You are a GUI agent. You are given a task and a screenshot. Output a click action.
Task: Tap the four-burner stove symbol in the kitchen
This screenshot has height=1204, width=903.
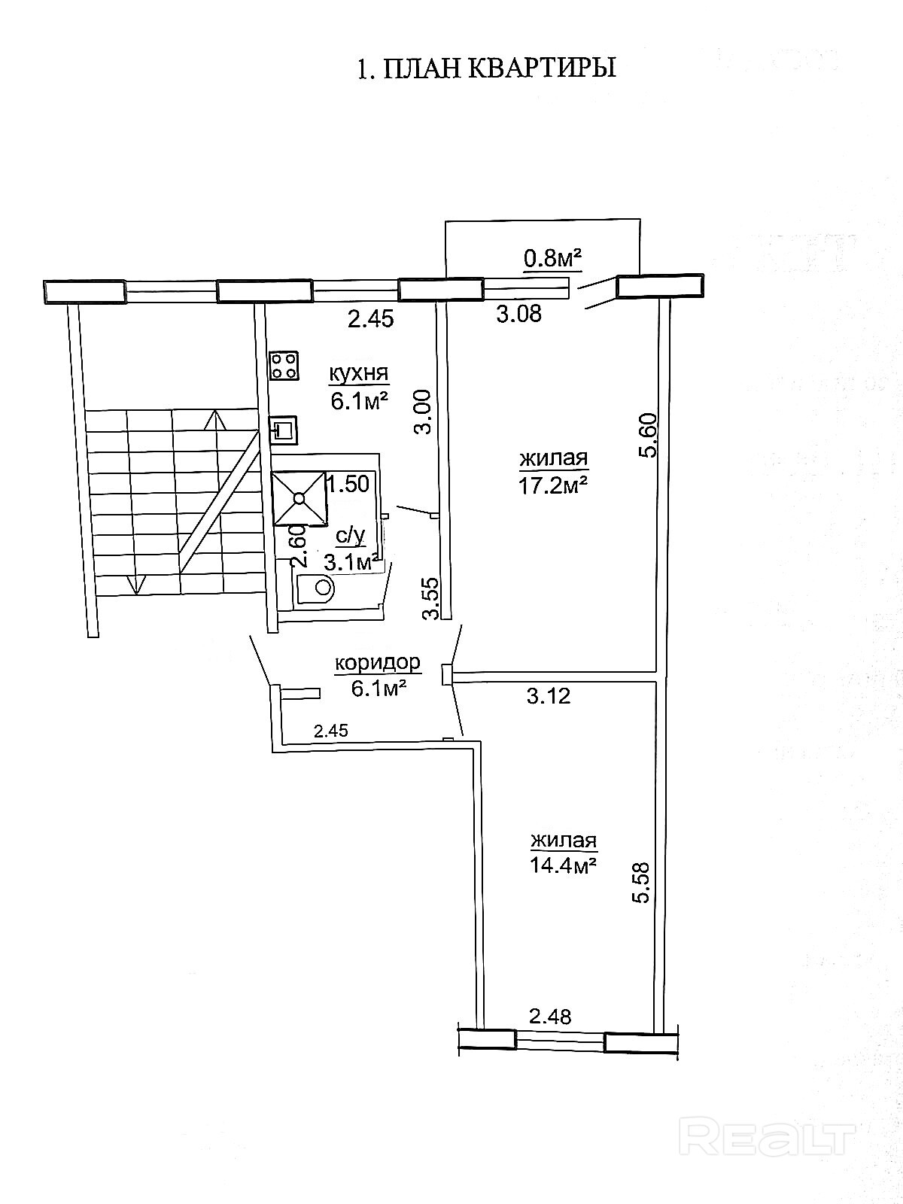[284, 366]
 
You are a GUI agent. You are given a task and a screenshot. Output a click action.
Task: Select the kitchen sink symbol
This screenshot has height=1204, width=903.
[284, 430]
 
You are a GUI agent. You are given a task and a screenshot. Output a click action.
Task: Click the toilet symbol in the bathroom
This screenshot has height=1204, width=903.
[315, 588]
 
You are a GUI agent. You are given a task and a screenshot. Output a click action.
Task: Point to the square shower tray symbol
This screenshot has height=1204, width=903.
[299, 498]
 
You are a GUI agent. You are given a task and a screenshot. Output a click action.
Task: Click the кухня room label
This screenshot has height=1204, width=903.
[359, 373]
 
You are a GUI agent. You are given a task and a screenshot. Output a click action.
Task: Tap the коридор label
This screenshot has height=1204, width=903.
[377, 663]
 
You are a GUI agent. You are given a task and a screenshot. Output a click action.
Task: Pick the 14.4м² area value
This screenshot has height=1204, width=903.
[563, 865]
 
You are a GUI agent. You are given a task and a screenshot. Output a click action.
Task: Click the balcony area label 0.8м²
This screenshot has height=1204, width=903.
[552, 257]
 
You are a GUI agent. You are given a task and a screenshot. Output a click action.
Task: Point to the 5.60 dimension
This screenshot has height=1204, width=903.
[648, 435]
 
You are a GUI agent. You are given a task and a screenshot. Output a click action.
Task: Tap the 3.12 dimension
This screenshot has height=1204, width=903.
[549, 696]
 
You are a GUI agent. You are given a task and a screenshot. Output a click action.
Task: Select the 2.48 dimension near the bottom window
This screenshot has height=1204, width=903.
[550, 1017]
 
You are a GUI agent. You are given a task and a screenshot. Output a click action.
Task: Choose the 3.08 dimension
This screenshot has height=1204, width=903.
[518, 314]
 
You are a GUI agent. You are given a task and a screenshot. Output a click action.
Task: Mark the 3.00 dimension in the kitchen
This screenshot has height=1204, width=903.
[423, 412]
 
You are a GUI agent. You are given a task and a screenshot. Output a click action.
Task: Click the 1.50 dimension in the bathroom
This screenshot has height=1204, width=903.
[348, 485]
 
